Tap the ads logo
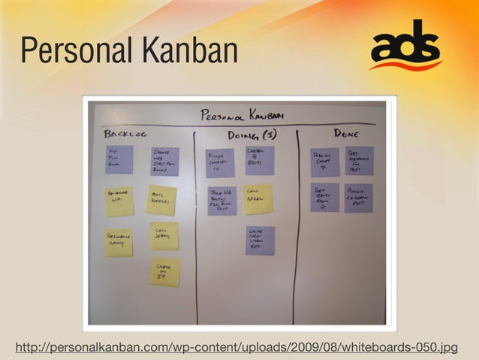[405, 47]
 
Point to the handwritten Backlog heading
[126, 134]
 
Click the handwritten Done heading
[345, 133]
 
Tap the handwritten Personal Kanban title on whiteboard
[242, 115]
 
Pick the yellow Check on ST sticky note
[164, 271]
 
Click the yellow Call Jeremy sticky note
[164, 235]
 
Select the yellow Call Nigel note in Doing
[258, 199]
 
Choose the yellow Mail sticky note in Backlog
[161, 200]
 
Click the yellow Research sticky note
[118, 243]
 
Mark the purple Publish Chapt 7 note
[325, 162]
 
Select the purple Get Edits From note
[325, 198]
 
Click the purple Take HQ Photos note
[222, 201]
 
